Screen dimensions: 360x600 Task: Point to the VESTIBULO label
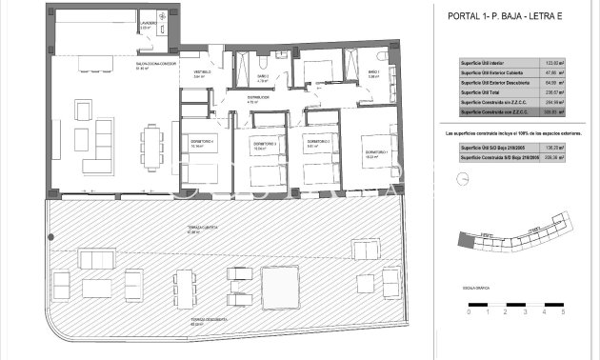coord(203,72)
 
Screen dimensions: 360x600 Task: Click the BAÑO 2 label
coord(263,76)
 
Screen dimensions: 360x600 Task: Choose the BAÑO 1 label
coord(374,72)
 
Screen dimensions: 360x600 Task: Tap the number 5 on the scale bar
coord(563,311)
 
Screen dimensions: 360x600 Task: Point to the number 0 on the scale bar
coord(469,311)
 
